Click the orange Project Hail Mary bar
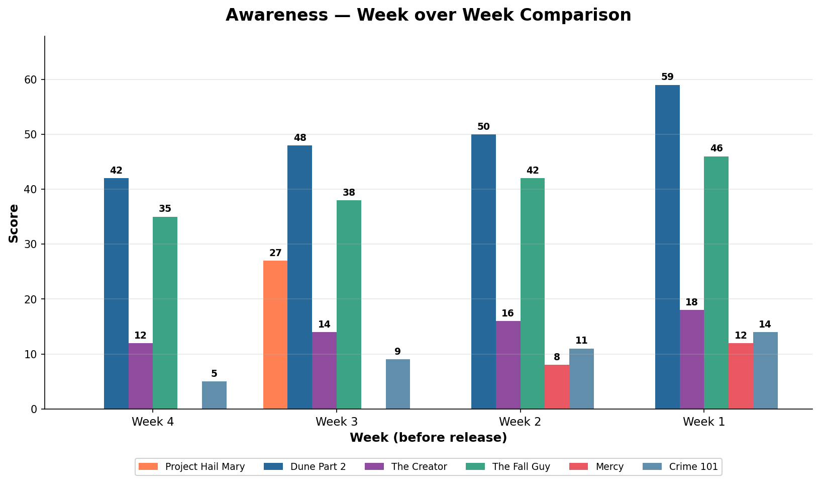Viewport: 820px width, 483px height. [x=275, y=335]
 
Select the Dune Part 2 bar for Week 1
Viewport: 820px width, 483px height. [x=667, y=247]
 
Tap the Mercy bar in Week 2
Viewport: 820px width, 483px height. [x=557, y=387]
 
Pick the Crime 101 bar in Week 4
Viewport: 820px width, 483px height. [x=214, y=395]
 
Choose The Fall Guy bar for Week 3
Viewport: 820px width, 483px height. [x=349, y=304]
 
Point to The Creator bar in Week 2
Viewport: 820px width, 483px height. [x=508, y=365]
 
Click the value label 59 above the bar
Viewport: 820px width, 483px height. [x=667, y=77]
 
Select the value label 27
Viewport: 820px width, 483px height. [x=275, y=253]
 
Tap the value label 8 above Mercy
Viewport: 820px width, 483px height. [x=557, y=357]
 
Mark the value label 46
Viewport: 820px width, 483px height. [x=716, y=148]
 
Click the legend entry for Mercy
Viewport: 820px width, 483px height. [x=609, y=467]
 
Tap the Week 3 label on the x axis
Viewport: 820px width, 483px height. [x=337, y=422]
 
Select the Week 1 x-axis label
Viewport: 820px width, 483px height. [x=704, y=422]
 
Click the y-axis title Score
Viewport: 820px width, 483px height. [x=14, y=223]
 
